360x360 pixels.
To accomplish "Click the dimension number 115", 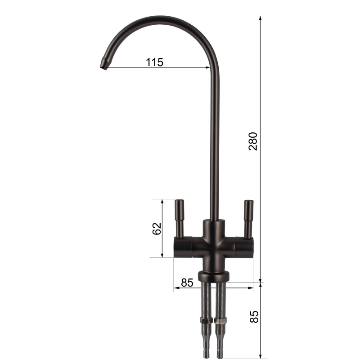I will pos(154,63).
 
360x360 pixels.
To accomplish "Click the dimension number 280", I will pos(253,141).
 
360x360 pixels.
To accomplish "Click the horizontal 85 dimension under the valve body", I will pos(187,283).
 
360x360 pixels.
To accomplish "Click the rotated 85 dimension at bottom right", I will pos(254,316).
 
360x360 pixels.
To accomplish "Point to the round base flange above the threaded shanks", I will pos(213,275).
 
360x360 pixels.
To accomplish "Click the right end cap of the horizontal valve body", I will pos(251,247).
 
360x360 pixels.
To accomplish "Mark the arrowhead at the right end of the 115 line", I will pos(208,67).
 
